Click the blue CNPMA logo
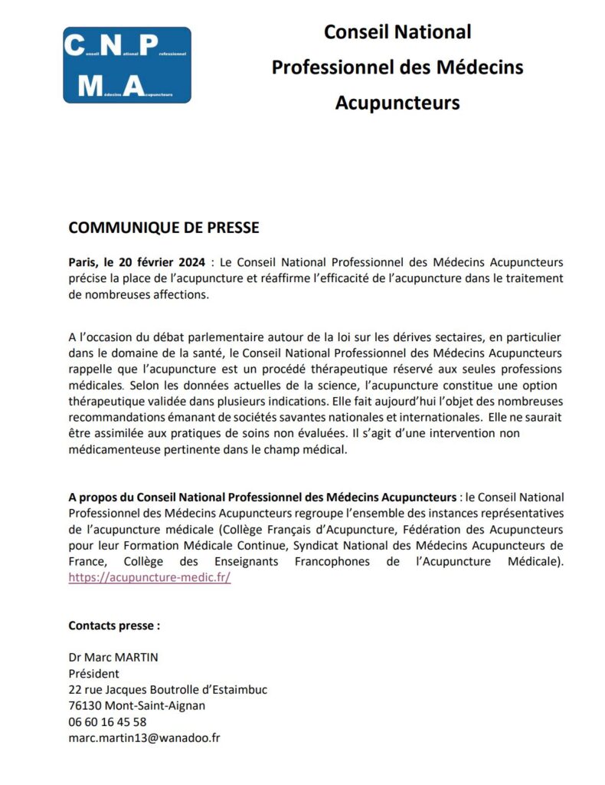pyautogui.click(x=127, y=65)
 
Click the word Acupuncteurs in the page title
pyautogui.click(x=397, y=102)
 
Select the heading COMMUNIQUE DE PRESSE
pyautogui.click(x=164, y=228)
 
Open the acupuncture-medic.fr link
pyautogui.click(x=149, y=578)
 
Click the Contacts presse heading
pyautogui.click(x=114, y=625)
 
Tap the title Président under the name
pyautogui.click(x=93, y=674)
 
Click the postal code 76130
pyautogui.click(x=85, y=705)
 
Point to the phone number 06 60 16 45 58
pyautogui.click(x=107, y=721)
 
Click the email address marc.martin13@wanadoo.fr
pyautogui.click(x=145, y=737)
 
